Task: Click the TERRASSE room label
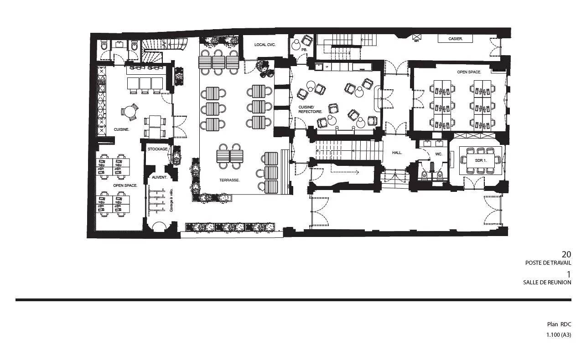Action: [229, 180]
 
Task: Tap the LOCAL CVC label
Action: [264, 45]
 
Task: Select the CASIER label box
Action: [455, 39]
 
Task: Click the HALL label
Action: [397, 153]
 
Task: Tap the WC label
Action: [439, 154]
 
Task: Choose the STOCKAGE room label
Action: [158, 149]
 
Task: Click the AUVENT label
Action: [159, 177]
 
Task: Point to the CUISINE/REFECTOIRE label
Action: [310, 109]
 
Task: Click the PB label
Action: [304, 50]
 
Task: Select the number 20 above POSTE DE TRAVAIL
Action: [566, 254]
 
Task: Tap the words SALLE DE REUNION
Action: [547, 283]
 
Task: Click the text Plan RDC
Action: [559, 324]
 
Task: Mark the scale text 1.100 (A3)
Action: [559, 335]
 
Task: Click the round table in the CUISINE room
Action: [130, 112]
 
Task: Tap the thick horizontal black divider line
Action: [293, 300]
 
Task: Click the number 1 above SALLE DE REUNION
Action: [569, 274]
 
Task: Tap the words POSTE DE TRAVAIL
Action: [548, 263]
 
